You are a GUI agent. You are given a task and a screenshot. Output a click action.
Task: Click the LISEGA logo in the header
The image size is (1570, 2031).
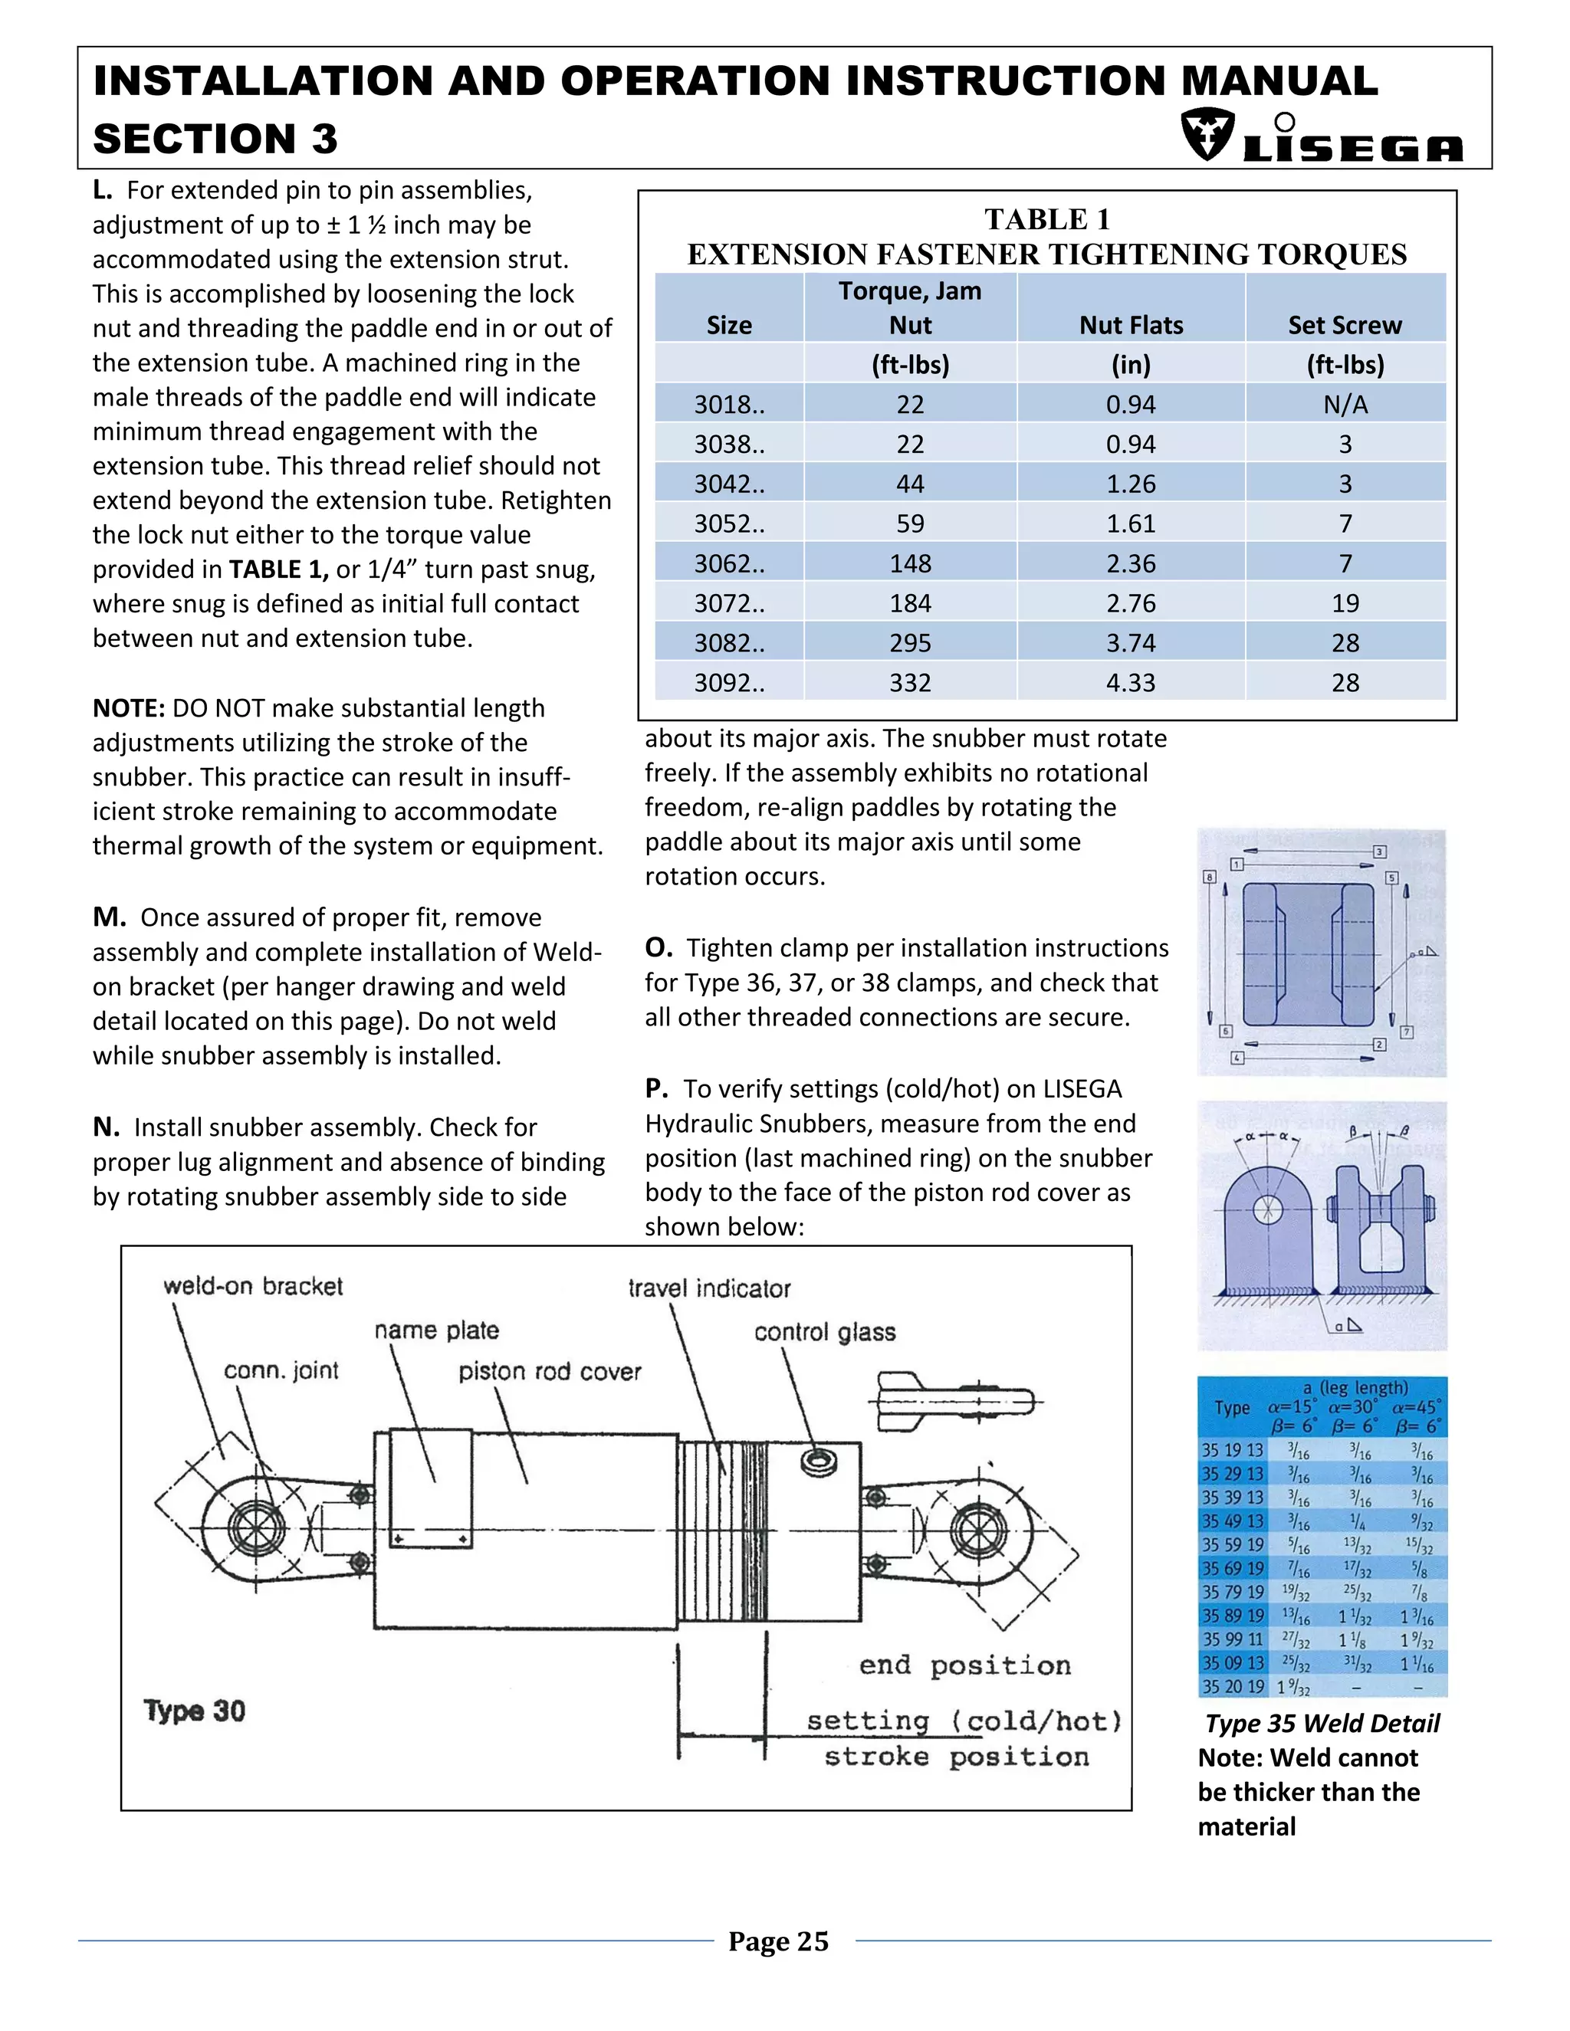[1321, 136]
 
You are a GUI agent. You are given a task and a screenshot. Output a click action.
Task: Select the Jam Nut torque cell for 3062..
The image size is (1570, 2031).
[910, 563]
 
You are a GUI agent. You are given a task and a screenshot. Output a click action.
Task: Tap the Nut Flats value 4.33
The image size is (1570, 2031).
[1130, 683]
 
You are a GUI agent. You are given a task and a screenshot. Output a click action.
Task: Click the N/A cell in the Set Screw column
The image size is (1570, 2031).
[1345, 405]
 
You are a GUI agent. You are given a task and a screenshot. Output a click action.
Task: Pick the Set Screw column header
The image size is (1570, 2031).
[1345, 324]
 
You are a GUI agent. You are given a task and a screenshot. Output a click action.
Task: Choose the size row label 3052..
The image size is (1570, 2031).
[729, 523]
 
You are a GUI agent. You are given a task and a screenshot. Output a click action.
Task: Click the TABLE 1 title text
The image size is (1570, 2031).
[1046, 219]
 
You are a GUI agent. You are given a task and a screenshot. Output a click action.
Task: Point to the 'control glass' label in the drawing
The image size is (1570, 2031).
[824, 1332]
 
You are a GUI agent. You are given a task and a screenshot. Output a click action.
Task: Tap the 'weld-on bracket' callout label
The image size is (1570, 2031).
[253, 1286]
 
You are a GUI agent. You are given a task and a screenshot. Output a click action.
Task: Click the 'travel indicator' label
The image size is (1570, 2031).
[709, 1288]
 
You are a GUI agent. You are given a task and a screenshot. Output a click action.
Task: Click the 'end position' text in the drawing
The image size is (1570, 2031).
[964, 1665]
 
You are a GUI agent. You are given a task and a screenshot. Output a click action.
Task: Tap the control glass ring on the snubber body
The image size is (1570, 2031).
[817, 1461]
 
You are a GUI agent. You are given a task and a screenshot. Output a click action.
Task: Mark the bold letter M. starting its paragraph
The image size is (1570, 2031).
[109, 917]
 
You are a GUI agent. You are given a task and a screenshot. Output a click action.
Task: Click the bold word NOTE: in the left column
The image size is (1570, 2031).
[128, 707]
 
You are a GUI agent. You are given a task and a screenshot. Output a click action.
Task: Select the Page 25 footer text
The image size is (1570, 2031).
[777, 1941]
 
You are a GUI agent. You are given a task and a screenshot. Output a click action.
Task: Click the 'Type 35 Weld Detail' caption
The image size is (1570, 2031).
[1322, 1723]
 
